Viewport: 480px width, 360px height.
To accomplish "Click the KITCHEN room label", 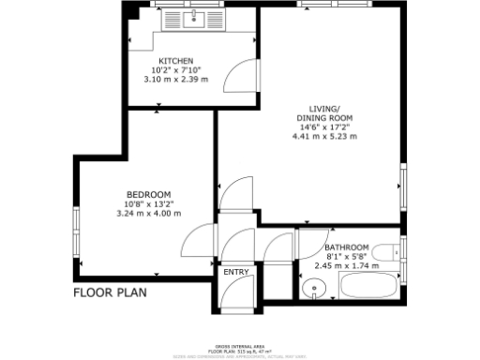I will [x=177, y=61].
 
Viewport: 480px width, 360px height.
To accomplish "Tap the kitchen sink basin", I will [x=197, y=18].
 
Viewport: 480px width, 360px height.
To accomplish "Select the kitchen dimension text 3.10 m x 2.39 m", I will [x=177, y=80].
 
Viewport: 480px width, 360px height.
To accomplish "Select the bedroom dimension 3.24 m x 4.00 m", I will [x=147, y=214].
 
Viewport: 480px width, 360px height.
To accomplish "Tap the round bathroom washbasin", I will [x=313, y=287].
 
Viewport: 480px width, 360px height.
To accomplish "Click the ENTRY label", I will [x=236, y=273].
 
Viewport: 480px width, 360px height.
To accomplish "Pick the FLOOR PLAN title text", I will [x=111, y=292].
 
